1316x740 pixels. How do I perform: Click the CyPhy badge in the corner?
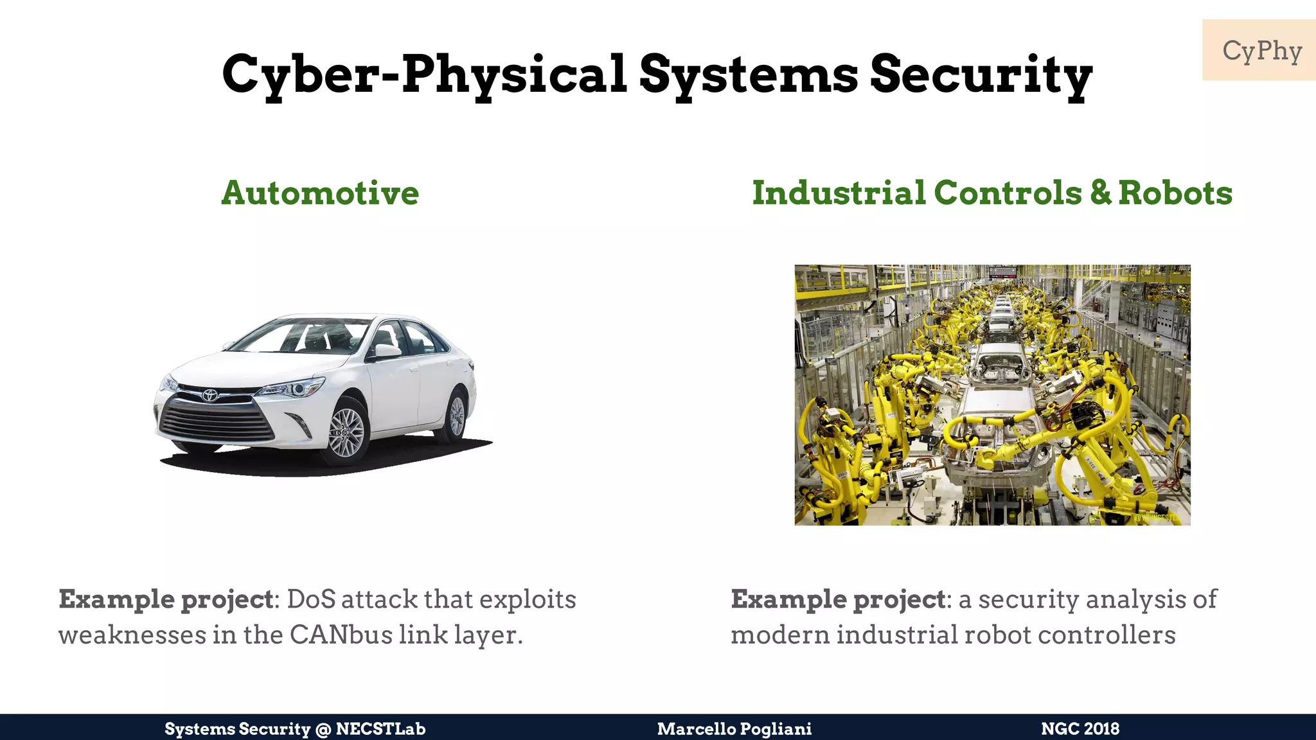click(1261, 50)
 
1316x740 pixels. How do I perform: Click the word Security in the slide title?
click(981, 75)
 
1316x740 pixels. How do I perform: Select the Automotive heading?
click(320, 193)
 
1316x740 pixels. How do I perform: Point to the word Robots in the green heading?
click(1175, 193)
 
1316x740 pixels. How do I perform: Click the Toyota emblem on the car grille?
click(210, 395)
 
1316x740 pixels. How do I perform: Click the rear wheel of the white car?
click(456, 416)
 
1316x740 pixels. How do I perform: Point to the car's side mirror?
click(387, 351)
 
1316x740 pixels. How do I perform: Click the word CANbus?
click(341, 635)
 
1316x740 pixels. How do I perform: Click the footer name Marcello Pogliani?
click(734, 728)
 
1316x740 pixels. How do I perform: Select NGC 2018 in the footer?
click(1080, 728)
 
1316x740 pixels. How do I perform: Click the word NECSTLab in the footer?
click(380, 728)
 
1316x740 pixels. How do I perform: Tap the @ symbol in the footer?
click(323, 729)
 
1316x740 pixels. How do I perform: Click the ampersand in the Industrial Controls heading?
click(1100, 193)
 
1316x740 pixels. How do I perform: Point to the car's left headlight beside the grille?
click(290, 389)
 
